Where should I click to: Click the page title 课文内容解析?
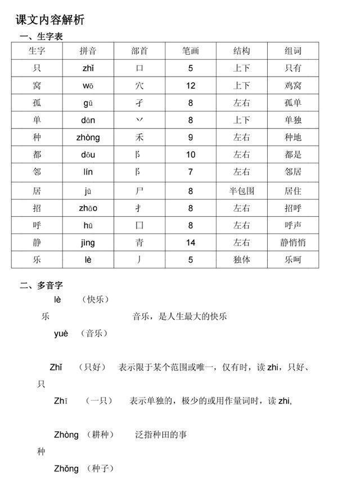[x=50, y=20]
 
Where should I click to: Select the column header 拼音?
[x=88, y=51]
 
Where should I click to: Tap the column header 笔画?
[x=191, y=51]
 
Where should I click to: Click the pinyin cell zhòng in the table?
[x=88, y=137]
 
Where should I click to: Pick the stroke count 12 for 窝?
[x=191, y=86]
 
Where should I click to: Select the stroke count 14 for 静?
[x=191, y=243]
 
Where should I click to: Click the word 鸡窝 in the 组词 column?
[x=293, y=86]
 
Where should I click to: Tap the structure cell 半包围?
[x=242, y=191]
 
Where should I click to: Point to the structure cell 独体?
[x=242, y=260]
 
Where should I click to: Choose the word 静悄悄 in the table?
[x=293, y=243]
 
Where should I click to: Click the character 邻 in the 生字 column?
[x=37, y=172]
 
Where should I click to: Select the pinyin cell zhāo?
[x=88, y=208]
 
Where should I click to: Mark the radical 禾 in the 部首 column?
[x=139, y=137]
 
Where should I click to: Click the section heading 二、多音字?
[x=41, y=285]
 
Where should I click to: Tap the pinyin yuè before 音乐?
[x=61, y=333]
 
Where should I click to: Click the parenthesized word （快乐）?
[x=95, y=299]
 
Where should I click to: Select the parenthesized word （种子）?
[x=101, y=468]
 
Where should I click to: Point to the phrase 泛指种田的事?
[x=161, y=435]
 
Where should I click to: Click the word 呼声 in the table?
[x=293, y=226]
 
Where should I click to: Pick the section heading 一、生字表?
[x=41, y=37]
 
